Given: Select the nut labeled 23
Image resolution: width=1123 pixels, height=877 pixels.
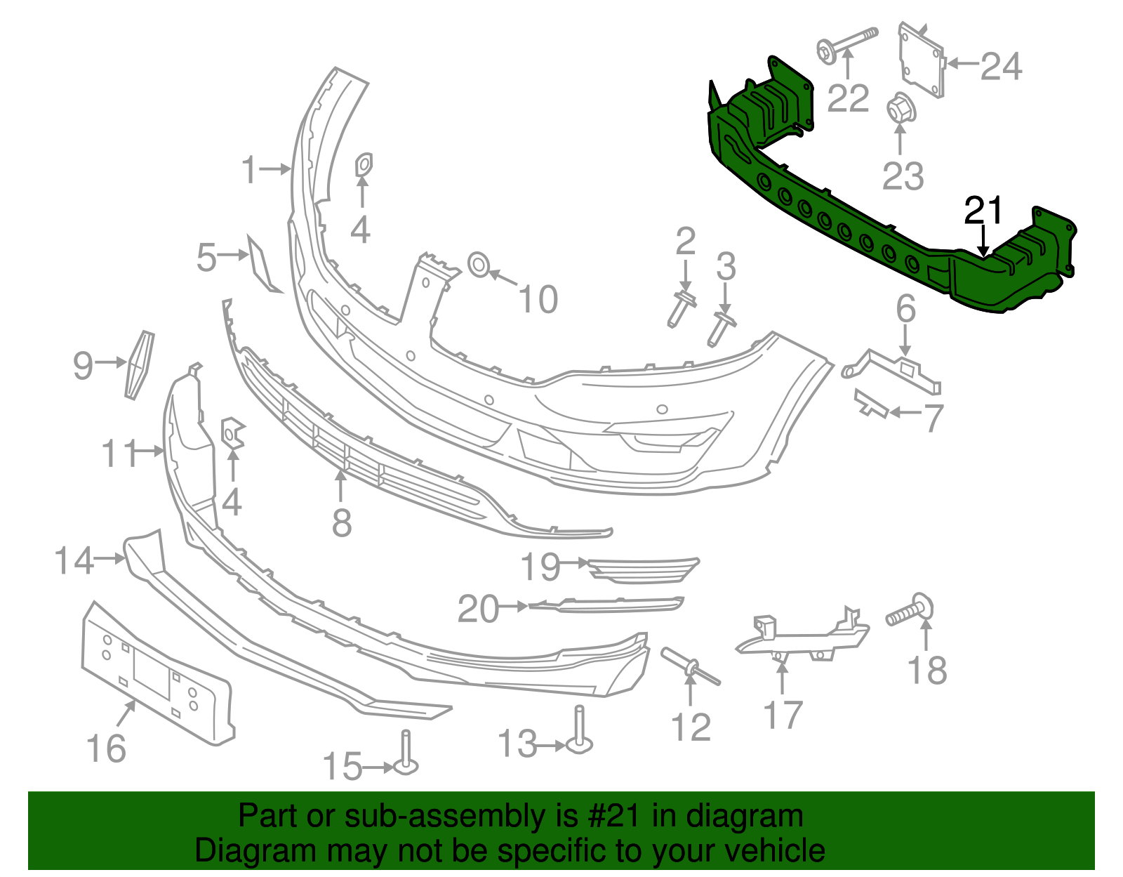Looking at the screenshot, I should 899,110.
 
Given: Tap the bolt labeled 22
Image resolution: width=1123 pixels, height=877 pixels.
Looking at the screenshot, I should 846,44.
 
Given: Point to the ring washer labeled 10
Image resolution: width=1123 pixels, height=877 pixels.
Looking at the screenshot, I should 479,265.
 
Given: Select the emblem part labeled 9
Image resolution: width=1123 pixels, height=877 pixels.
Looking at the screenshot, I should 139,365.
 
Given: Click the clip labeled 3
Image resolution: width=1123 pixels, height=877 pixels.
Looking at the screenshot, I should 721,328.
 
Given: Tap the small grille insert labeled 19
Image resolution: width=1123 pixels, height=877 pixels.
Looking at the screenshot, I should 642,569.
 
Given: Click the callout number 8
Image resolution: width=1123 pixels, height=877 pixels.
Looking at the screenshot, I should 342,522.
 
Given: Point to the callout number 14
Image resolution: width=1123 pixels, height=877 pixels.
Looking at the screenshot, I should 74,560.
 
